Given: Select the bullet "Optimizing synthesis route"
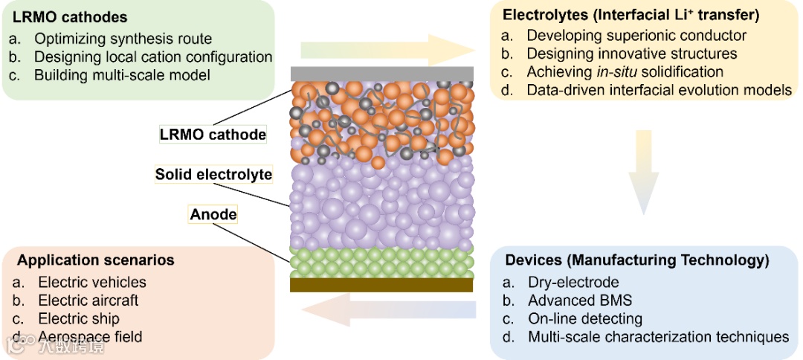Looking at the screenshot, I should [x=123, y=39].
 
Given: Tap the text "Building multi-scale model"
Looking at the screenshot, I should [x=122, y=75].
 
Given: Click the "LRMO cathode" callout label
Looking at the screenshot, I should [x=213, y=135].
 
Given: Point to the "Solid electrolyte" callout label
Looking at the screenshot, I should [x=213, y=175].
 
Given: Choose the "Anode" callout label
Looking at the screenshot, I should [x=213, y=215].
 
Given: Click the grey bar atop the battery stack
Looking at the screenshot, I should [x=382, y=73].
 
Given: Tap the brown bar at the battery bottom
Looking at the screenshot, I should [x=382, y=285].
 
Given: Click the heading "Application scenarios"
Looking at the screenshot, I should [x=96, y=260].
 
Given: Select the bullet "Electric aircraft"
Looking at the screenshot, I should [x=88, y=300].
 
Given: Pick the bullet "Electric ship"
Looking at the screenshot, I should [x=79, y=319].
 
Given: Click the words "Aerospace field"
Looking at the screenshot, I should [x=90, y=337].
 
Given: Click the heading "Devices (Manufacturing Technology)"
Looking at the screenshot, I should [x=637, y=260].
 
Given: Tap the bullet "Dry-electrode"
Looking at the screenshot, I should [x=573, y=282].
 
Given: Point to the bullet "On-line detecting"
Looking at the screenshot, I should [x=585, y=319].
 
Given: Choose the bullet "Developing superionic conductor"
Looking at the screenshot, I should [x=636, y=35].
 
